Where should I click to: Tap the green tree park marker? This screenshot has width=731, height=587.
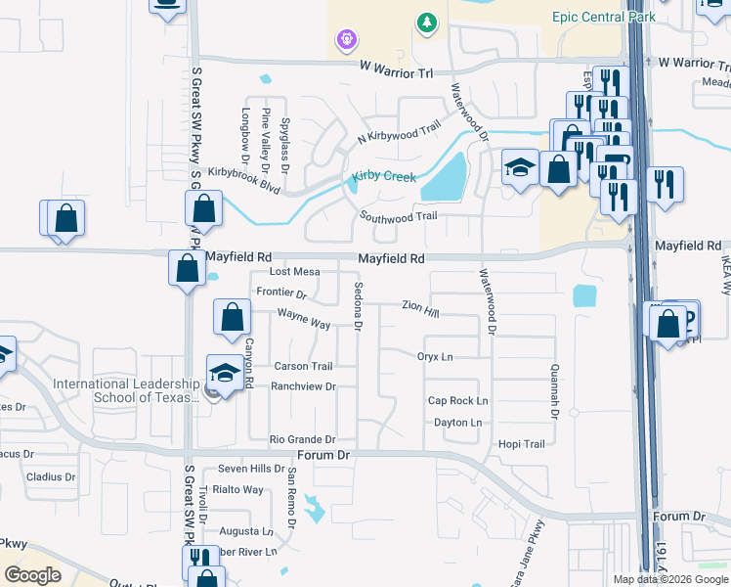[x=426, y=22]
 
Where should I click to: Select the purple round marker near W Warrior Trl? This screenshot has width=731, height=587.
[x=345, y=40]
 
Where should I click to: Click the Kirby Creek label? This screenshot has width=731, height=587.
[x=384, y=177]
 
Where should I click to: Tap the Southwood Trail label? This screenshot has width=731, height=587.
[x=398, y=216]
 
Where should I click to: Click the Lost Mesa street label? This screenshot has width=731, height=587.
[x=294, y=272]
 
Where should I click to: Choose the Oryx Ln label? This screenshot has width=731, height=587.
[x=435, y=357]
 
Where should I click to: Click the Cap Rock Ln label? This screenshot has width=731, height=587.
[x=457, y=401]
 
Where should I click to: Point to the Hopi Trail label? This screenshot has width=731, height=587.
[x=521, y=444]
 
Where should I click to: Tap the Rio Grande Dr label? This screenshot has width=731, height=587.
[x=302, y=440]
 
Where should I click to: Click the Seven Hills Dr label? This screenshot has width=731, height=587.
[x=251, y=470]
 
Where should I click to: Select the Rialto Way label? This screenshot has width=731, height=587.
[x=239, y=490]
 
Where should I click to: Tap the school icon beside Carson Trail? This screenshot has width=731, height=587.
[x=225, y=373]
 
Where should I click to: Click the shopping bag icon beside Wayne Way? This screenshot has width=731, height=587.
[x=232, y=318]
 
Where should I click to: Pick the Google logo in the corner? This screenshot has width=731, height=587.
[x=32, y=575]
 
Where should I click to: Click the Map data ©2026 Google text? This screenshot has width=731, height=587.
[x=669, y=579]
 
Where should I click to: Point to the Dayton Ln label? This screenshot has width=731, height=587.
[x=457, y=423]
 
